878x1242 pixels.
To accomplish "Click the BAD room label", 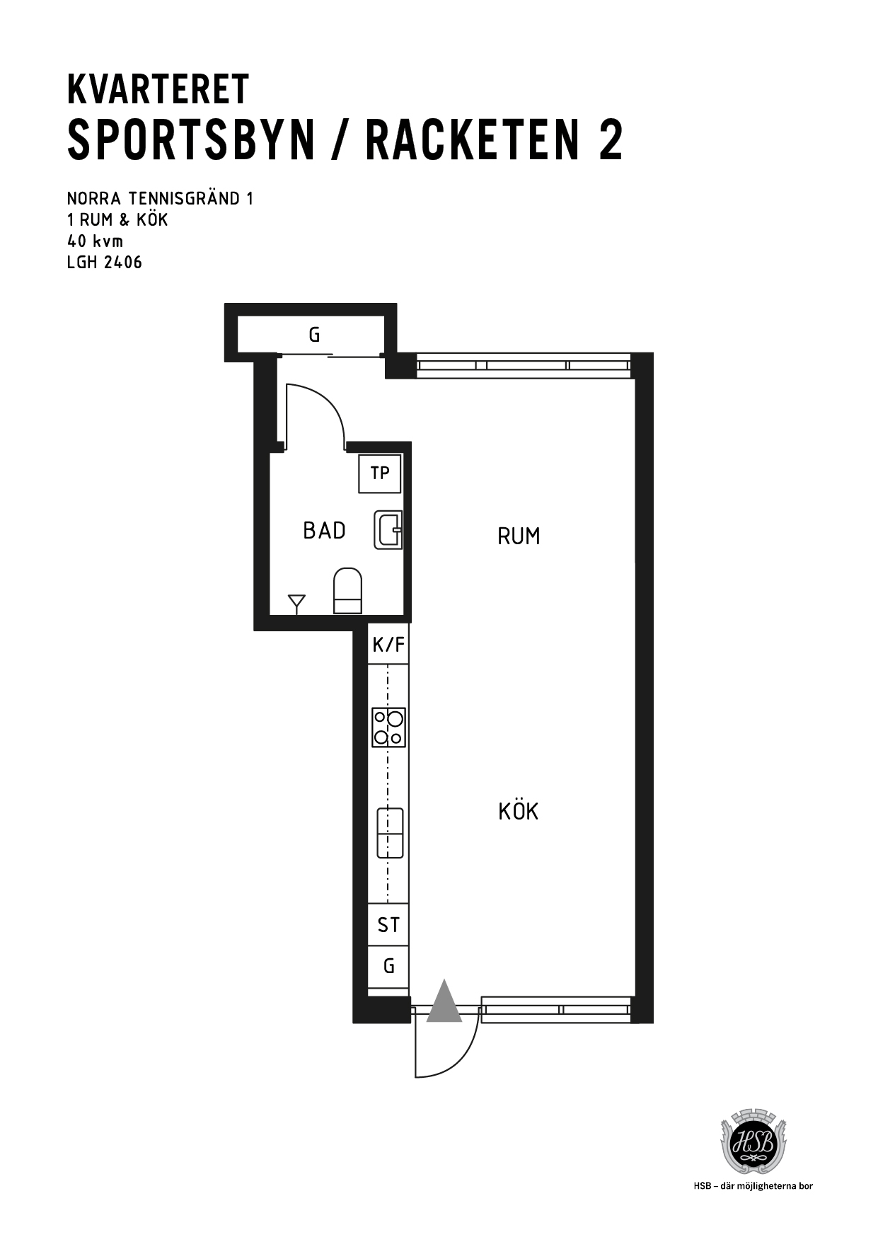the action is pyautogui.click(x=324, y=531).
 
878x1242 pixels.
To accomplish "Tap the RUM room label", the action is pyautogui.click(x=519, y=536).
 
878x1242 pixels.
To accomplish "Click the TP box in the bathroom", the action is pyautogui.click(x=380, y=473).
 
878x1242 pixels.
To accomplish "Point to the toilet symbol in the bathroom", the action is pyautogui.click(x=347, y=590).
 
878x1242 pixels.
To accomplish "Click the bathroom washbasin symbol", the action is pyautogui.click(x=388, y=529).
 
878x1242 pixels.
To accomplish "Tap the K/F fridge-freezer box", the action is pyautogui.click(x=388, y=644).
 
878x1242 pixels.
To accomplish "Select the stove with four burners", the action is pyautogui.click(x=388, y=728).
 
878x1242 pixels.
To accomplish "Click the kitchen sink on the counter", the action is pyautogui.click(x=390, y=833).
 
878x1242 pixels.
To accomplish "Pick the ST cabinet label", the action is pyautogui.click(x=388, y=925).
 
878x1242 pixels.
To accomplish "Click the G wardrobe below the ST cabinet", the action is pyautogui.click(x=388, y=966).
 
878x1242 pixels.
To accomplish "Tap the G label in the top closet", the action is pyautogui.click(x=314, y=335).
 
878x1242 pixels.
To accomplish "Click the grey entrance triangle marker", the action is pyautogui.click(x=444, y=1001).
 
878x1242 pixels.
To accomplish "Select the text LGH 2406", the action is pyautogui.click(x=105, y=263).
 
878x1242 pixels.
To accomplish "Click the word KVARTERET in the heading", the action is pyautogui.click(x=158, y=90).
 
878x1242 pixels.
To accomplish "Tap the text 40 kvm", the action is pyautogui.click(x=95, y=241).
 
